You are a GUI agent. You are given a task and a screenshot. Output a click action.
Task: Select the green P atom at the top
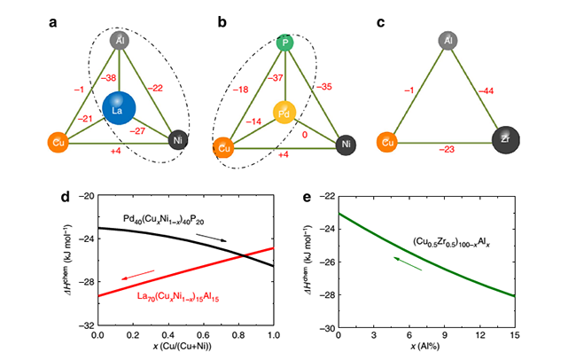coord(285,43)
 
